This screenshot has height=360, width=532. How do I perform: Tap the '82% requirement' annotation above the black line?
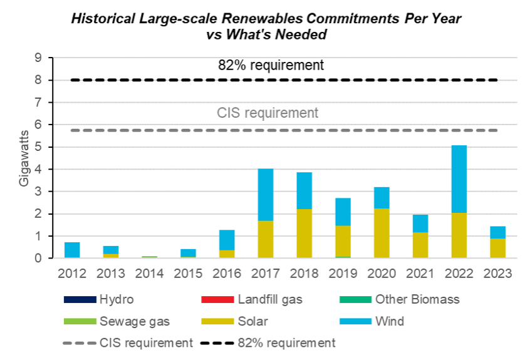coord(271,65)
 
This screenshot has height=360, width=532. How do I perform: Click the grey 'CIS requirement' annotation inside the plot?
coord(268,113)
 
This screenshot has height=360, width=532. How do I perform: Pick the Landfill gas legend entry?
coord(270,299)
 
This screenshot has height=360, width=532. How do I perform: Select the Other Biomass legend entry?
coord(417,299)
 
